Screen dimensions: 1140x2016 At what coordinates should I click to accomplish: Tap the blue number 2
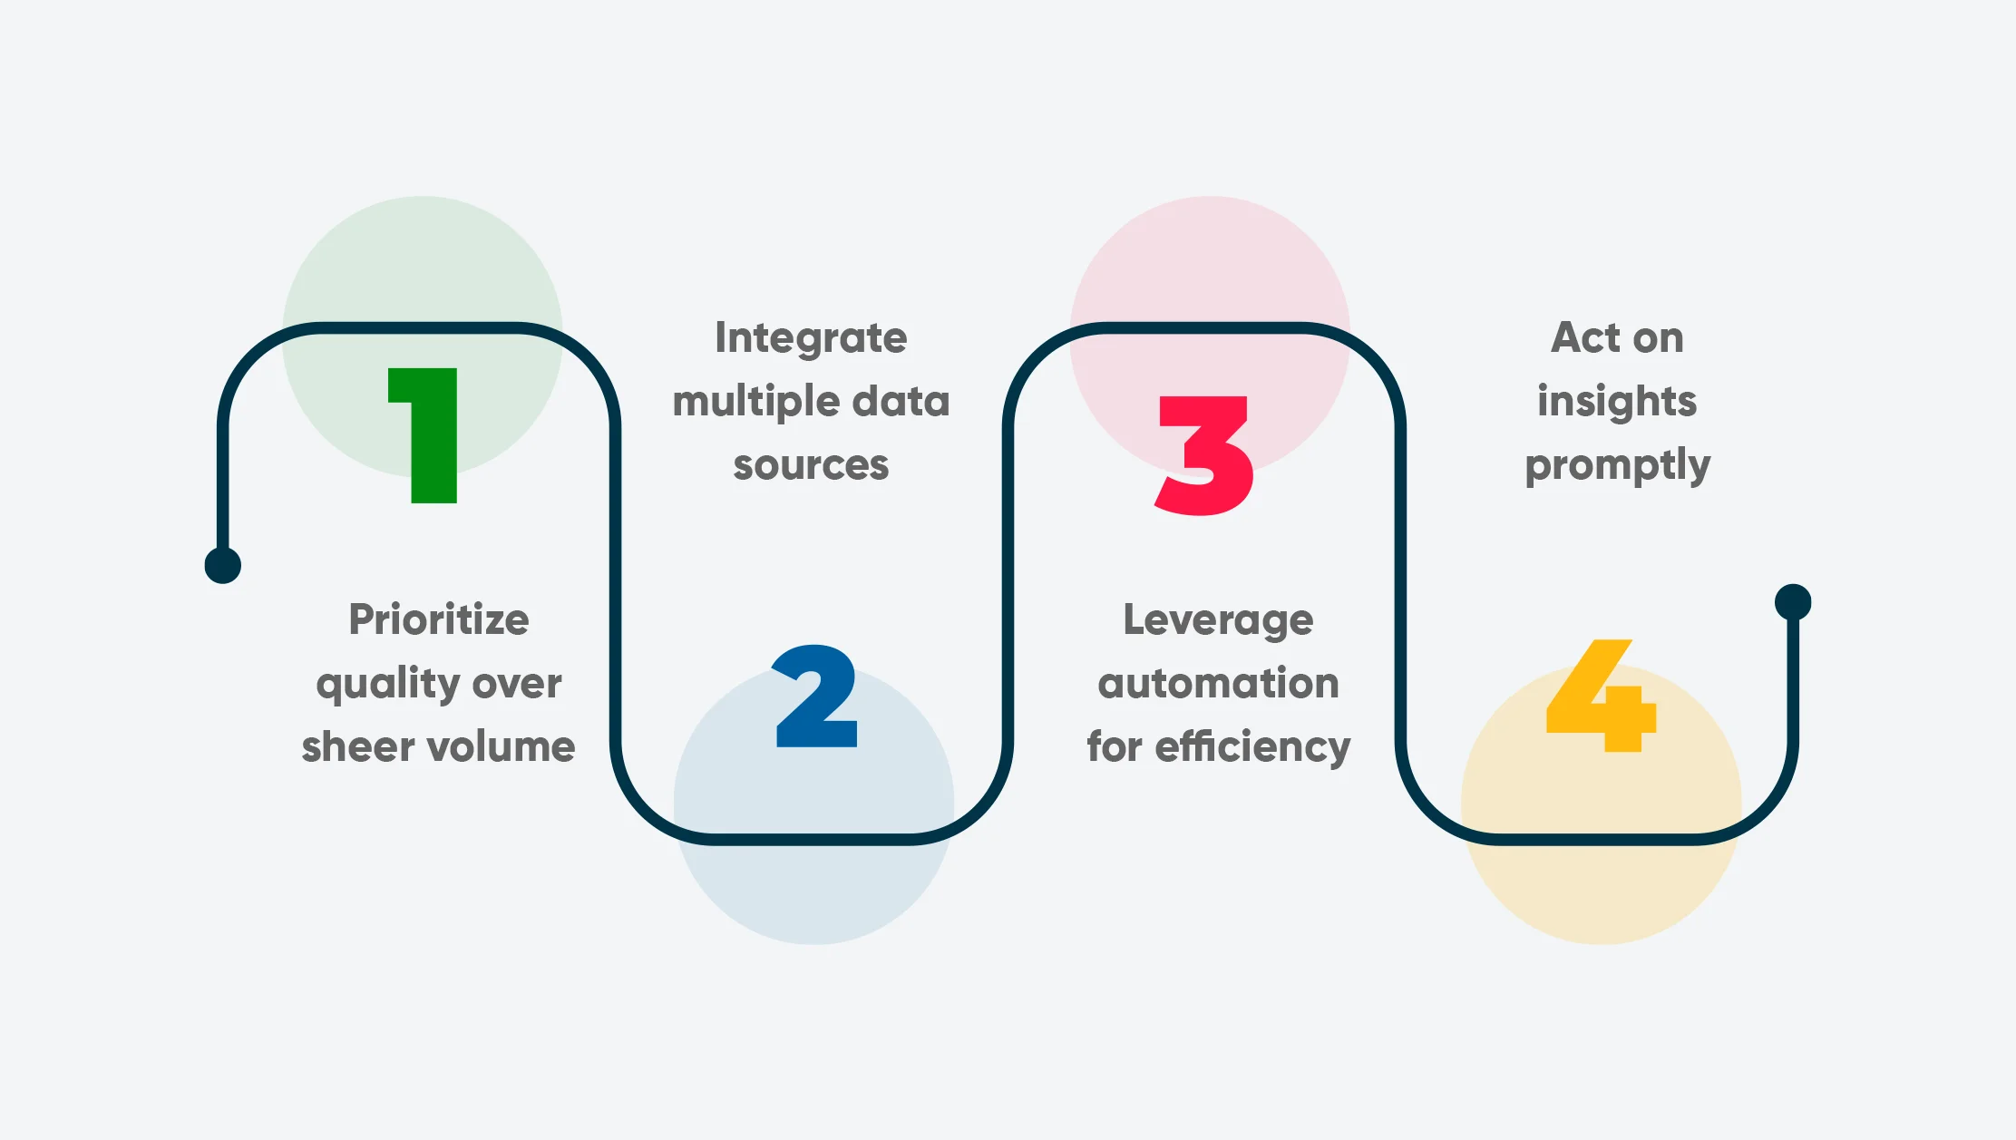click(x=816, y=697)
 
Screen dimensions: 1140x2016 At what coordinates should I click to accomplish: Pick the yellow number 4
click(x=1602, y=697)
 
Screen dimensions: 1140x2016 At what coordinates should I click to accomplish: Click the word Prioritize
click(x=439, y=620)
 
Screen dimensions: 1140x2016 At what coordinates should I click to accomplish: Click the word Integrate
click(x=811, y=338)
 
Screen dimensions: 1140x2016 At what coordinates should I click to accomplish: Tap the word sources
click(x=811, y=465)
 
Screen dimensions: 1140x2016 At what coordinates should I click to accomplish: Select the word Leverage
click(x=1218, y=621)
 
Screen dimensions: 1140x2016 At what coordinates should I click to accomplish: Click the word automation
click(x=1218, y=684)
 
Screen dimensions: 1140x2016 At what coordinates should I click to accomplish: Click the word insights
click(x=1617, y=401)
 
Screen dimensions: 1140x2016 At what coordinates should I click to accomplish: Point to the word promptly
click(x=1617, y=466)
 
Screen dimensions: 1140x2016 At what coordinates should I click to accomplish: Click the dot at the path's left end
click(x=223, y=565)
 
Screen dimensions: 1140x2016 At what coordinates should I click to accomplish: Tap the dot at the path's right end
click(x=1793, y=601)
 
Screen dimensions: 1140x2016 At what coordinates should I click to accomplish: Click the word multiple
click(x=746, y=402)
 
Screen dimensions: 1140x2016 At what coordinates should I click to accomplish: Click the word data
click(x=902, y=401)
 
